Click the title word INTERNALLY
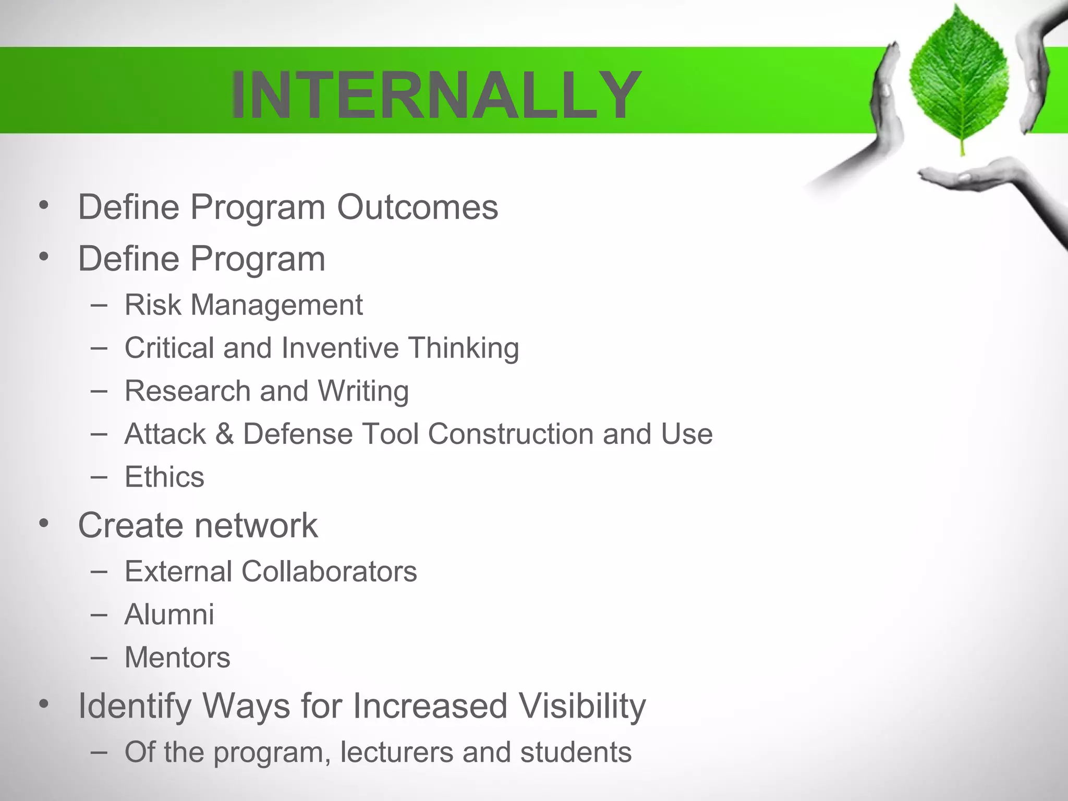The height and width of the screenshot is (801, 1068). coord(436,95)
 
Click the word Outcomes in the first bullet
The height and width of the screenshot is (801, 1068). coord(417,207)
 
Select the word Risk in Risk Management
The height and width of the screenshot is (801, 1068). coord(152,305)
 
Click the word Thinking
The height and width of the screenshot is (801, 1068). coord(464,349)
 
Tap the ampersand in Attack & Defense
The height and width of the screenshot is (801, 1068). coord(224,434)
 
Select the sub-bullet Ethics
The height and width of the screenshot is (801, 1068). coord(164,477)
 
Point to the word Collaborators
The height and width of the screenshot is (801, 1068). coord(329,572)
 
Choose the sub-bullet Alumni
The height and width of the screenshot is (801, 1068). coord(169,614)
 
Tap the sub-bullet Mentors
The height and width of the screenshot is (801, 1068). coord(177,658)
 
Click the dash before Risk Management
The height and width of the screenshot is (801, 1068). coord(99,305)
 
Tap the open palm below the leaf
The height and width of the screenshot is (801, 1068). coord(965,177)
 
